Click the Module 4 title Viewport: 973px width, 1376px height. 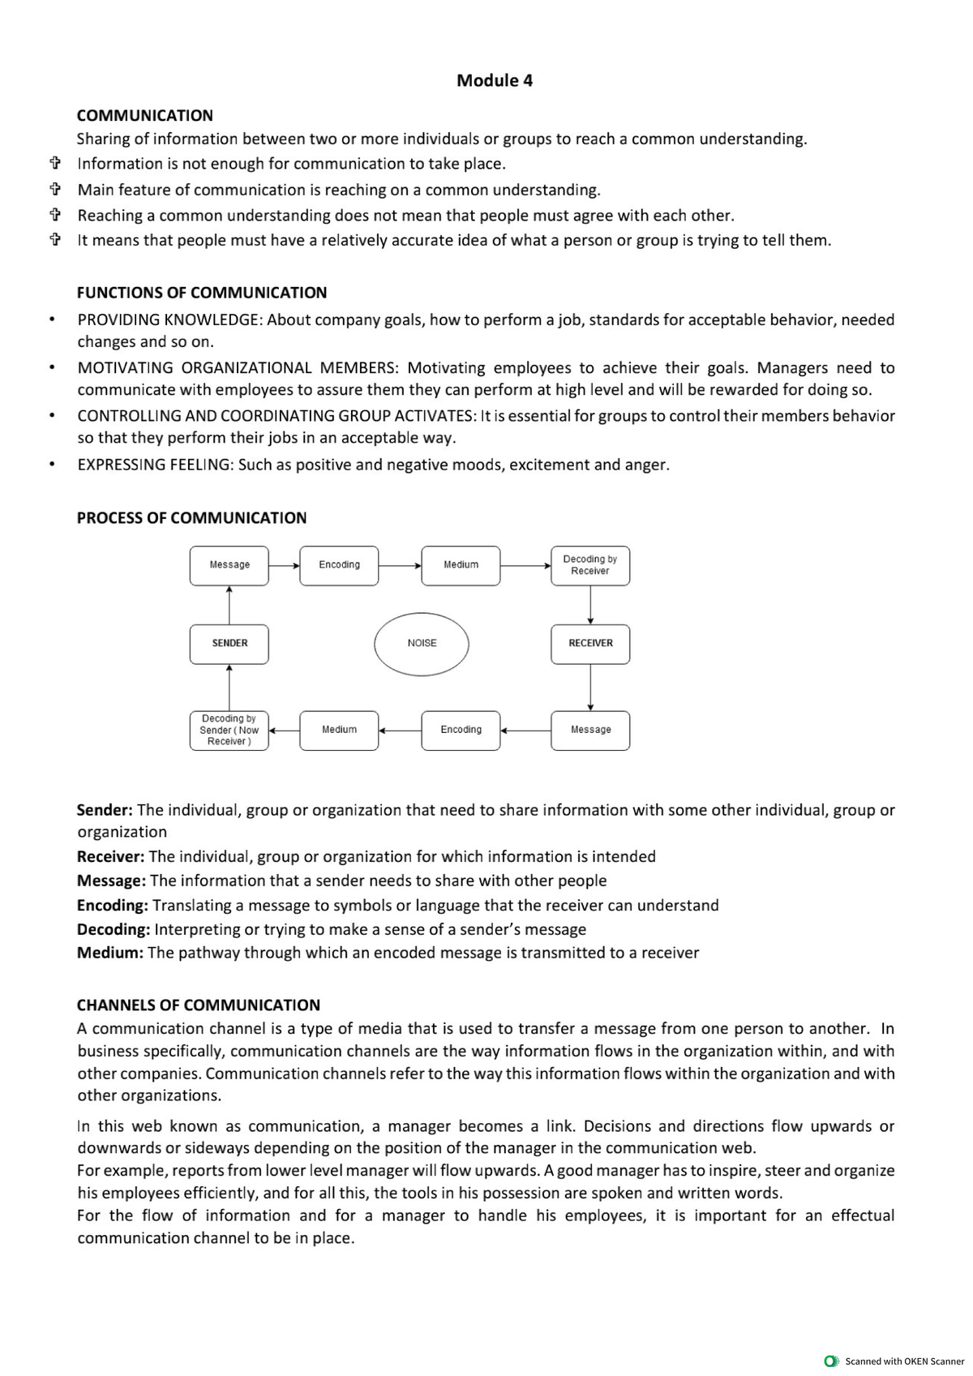tap(495, 80)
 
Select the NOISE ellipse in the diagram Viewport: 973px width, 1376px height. tap(422, 644)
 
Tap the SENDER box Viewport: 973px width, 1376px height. tap(229, 644)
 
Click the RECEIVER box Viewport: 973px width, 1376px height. tap(590, 644)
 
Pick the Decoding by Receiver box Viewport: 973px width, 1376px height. tap(590, 565)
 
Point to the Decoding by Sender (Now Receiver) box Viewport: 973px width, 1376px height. tap(229, 731)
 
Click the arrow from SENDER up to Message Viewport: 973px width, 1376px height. tap(230, 605)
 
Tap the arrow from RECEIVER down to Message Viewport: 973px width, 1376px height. tap(590, 688)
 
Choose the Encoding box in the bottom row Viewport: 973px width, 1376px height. tap(461, 731)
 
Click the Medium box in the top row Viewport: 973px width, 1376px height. tap(461, 565)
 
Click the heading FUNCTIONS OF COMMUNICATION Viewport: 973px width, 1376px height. tap(202, 293)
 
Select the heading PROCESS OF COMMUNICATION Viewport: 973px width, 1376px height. tap(192, 518)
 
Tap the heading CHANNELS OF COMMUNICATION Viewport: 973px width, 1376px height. tap(199, 1005)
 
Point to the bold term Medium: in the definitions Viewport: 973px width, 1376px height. tap(109, 953)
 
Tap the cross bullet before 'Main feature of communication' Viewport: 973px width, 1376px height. tap(55, 191)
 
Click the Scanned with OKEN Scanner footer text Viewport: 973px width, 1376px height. tap(904, 1361)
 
